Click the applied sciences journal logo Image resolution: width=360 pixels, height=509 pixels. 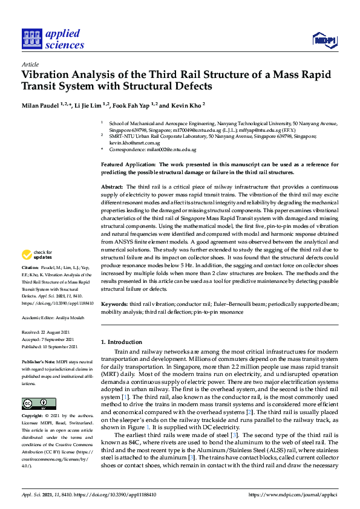tap(53, 38)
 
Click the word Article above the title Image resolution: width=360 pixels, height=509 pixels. tap(30, 63)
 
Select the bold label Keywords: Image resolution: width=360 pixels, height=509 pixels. tap(113, 305)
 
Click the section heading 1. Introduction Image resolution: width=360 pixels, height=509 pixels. tap(122, 342)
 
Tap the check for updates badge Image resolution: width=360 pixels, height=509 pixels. tap(37, 271)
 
